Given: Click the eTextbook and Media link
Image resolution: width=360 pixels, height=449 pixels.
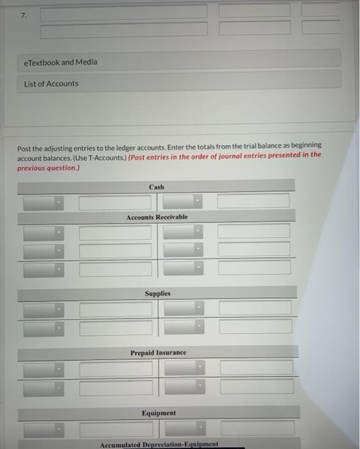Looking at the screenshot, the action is pyautogui.click(x=60, y=62).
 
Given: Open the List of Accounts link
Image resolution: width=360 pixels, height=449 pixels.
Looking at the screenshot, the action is pyautogui.click(x=51, y=83).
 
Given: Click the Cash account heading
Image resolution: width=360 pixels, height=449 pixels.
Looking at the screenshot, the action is pyautogui.click(x=157, y=187).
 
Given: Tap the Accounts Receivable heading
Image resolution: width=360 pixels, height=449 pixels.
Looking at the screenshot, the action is pyautogui.click(x=157, y=217).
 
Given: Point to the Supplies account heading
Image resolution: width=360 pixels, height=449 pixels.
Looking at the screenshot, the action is pyautogui.click(x=157, y=293).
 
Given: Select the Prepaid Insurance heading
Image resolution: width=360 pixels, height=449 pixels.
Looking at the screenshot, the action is pyautogui.click(x=158, y=353).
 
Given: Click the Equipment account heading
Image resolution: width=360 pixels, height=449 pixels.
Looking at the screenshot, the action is pyautogui.click(x=158, y=413).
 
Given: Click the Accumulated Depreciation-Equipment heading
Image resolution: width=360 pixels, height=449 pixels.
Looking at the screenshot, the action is pyautogui.click(x=159, y=444).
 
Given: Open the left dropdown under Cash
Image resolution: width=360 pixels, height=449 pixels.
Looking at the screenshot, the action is pyautogui.click(x=44, y=202).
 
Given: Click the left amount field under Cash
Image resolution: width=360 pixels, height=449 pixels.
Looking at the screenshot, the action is pyautogui.click(x=116, y=202).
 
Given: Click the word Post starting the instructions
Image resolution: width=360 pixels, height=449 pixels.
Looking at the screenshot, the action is pyautogui.click(x=24, y=146).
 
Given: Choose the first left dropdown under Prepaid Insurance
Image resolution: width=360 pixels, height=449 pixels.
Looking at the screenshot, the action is pyautogui.click(x=44, y=369).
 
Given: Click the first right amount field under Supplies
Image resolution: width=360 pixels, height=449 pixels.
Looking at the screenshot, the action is pyautogui.click(x=255, y=308).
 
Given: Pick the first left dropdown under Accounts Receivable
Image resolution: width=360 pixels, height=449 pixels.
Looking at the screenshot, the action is pyautogui.click(x=44, y=232).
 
